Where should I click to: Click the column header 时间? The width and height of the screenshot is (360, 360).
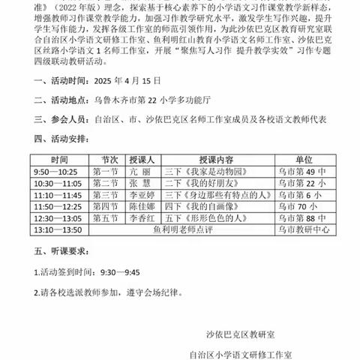point(58,160)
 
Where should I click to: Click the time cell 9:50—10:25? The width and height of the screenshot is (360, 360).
point(58,172)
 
